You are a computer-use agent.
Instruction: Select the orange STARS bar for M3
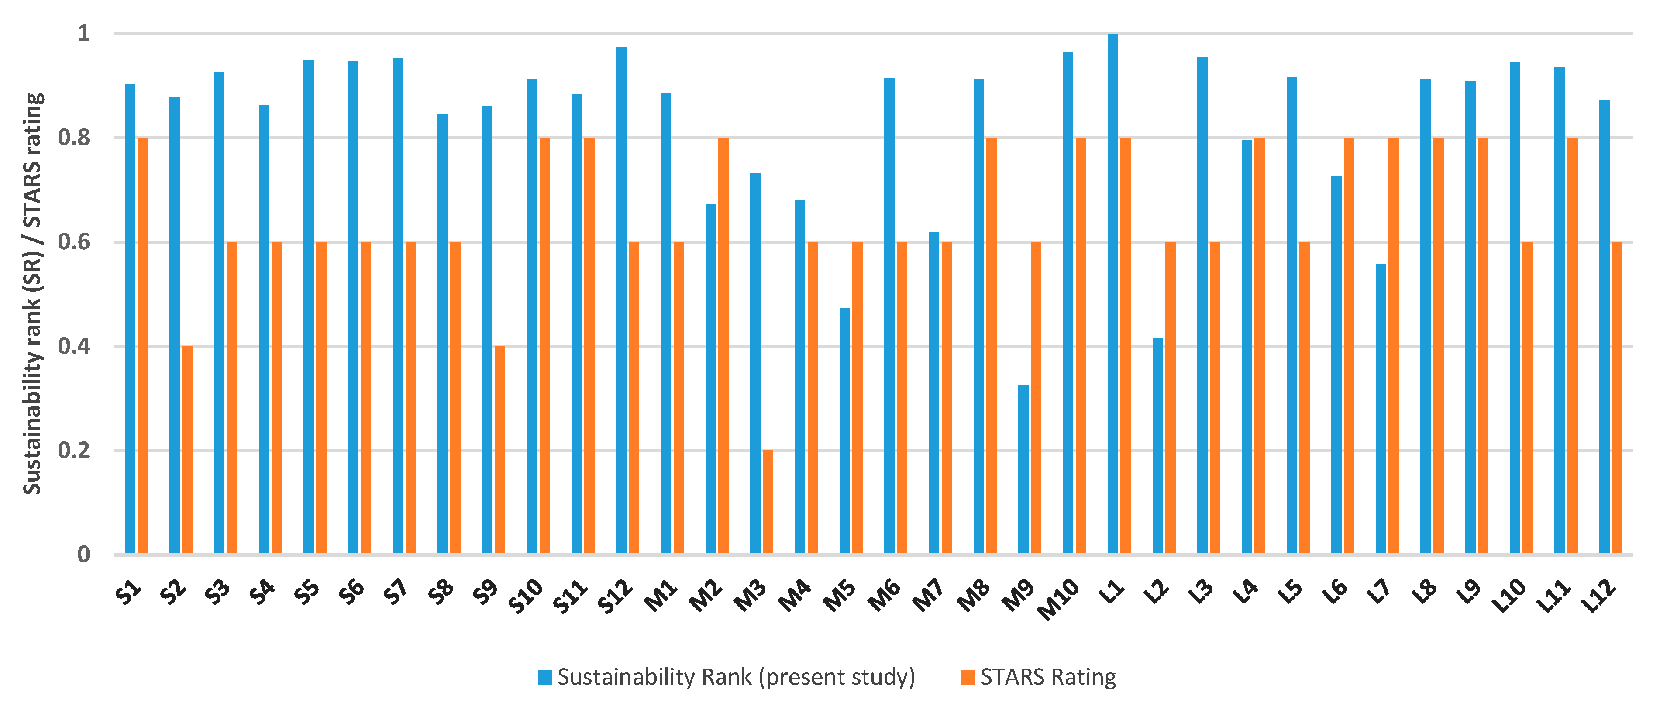tap(768, 502)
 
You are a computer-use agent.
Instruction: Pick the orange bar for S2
tap(187, 449)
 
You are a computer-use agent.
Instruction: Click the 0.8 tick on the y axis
tap(74, 138)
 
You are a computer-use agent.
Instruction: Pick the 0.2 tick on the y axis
tap(74, 451)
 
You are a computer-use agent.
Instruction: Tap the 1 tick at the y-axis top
tap(83, 33)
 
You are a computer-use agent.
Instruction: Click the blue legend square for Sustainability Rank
tap(545, 677)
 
